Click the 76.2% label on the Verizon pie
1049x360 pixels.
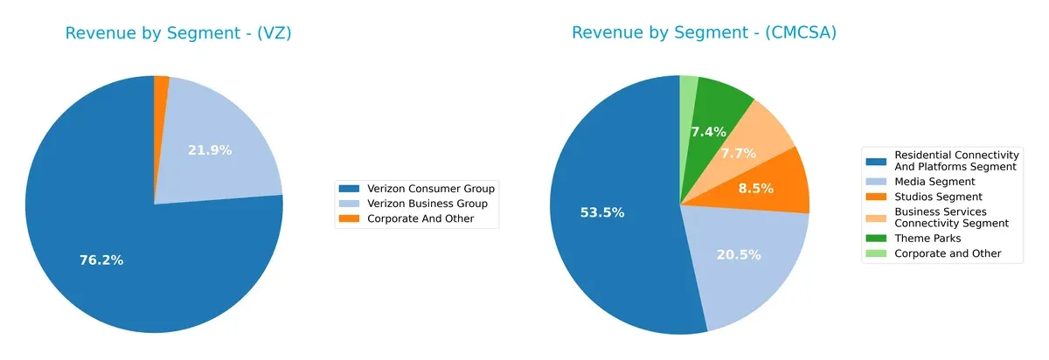(101, 260)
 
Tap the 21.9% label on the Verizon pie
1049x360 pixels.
(210, 150)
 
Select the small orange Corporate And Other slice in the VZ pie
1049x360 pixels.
(162, 82)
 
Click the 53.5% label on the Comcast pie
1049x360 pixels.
(602, 212)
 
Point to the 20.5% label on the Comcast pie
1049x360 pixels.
(739, 254)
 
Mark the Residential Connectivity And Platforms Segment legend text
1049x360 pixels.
(955, 160)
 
